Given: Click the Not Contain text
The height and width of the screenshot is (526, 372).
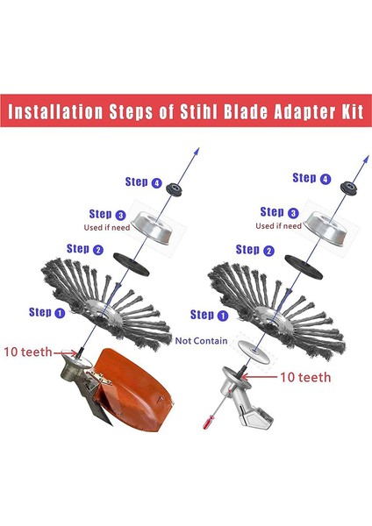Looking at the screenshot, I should (x=201, y=340).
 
